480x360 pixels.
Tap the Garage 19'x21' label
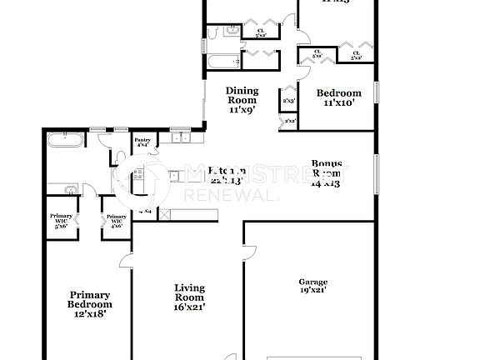312,286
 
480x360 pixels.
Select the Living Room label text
189,297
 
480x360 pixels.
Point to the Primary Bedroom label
90,304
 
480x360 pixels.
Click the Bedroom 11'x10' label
339,97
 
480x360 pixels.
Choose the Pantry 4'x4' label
143,142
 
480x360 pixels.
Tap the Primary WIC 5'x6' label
60,221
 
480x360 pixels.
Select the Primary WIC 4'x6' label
114,221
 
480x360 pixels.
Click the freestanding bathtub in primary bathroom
63,140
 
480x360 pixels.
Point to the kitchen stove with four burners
138,176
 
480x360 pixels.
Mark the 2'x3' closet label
289,101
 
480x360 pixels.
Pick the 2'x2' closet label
290,122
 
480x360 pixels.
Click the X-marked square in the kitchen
165,213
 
